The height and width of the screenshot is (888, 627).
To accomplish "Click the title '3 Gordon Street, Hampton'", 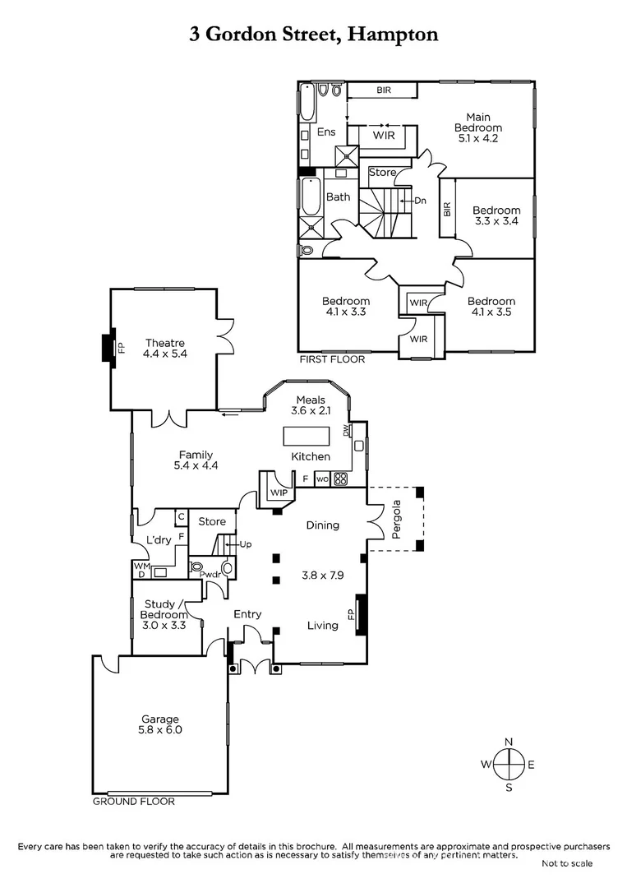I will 313,34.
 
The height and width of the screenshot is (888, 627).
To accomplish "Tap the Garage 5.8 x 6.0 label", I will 159,724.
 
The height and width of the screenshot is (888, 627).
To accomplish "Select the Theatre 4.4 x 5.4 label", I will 165,349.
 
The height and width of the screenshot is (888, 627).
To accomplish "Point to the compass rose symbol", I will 509,765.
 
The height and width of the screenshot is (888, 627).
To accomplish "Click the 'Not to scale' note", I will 566,863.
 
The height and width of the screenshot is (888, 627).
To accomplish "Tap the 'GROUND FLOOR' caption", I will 133,801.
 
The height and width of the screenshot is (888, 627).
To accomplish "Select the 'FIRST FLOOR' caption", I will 332,359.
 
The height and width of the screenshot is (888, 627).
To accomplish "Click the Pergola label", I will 396,519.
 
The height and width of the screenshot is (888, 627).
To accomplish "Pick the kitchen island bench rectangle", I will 307,435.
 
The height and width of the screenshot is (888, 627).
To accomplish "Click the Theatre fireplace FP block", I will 106,347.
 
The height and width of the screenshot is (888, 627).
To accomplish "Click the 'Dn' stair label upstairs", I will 419,200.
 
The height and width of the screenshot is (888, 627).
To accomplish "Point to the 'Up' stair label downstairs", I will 245,544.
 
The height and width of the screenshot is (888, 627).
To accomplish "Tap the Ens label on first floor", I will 326,132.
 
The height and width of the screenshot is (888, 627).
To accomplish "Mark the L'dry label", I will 158,539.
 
